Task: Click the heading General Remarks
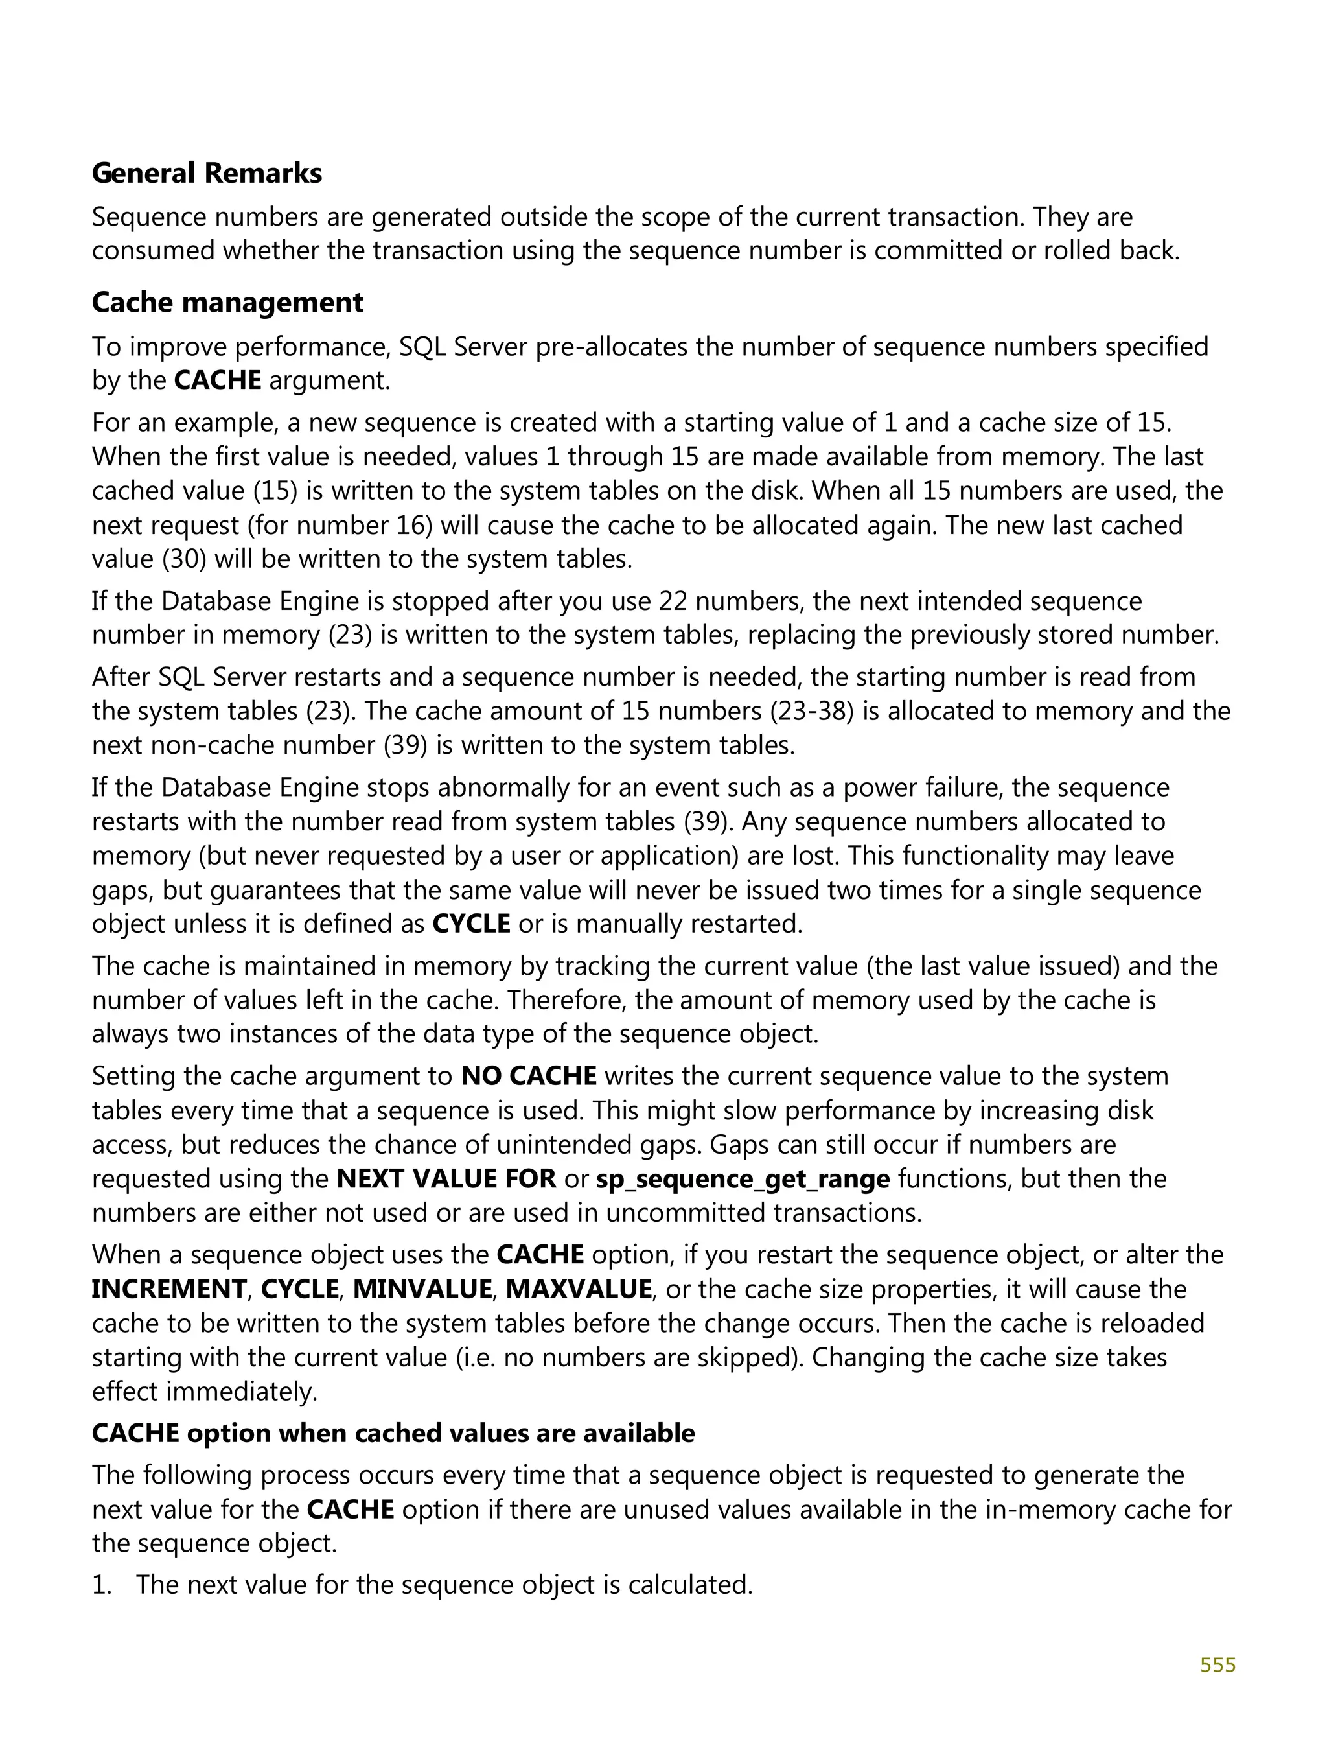point(206,173)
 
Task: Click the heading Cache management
point(227,303)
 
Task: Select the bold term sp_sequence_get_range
point(742,1178)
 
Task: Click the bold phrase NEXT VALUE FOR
point(446,1178)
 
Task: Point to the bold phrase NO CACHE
point(529,1077)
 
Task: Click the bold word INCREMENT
point(168,1289)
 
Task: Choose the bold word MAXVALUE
point(579,1289)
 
